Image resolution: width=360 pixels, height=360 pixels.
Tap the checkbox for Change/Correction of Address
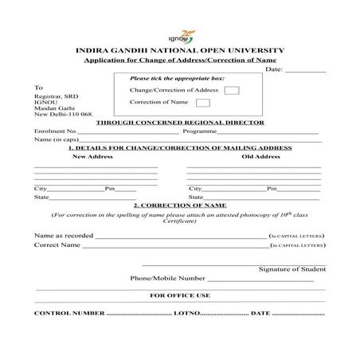click(x=231, y=90)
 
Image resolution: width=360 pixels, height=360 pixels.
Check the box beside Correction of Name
click(x=203, y=103)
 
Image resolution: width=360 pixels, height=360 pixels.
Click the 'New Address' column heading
click(x=94, y=157)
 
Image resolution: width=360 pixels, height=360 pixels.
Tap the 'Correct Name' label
click(x=57, y=245)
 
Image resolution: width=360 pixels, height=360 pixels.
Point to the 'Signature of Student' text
click(x=292, y=269)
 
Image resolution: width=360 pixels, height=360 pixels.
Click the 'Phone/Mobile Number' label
click(x=167, y=279)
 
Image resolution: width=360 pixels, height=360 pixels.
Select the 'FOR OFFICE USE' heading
click(x=179, y=295)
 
